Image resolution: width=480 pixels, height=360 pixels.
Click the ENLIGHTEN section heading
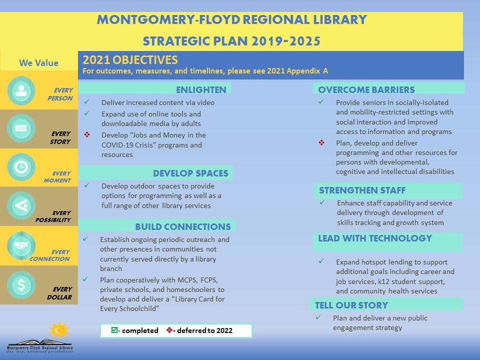pos(201,90)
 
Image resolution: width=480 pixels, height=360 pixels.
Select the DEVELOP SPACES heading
pos(190,173)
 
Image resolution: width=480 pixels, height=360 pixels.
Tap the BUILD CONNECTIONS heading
pos(182,227)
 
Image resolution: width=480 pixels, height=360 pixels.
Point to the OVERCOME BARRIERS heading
pos(366,90)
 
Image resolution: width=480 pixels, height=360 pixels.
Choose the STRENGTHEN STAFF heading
pos(362,190)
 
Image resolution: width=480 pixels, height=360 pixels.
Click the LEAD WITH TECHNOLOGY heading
pos(374,238)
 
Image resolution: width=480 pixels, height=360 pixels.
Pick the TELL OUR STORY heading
pos(351,305)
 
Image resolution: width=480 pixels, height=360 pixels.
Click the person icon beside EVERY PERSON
pos(21,90)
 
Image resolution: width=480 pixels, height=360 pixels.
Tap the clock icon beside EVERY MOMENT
pos(21,168)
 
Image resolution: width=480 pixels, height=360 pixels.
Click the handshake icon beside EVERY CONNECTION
pos(21,245)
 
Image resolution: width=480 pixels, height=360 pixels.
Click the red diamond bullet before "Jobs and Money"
pos(87,135)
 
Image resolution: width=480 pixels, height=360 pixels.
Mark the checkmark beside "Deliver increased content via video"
pos(87,102)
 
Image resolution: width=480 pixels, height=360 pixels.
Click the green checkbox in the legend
pos(114,330)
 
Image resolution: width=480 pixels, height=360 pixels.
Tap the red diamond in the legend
pos(169,330)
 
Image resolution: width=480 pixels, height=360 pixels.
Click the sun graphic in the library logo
pos(59,330)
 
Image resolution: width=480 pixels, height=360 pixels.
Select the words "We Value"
pos(38,63)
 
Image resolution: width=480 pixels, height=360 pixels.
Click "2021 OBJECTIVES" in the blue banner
pos(130,60)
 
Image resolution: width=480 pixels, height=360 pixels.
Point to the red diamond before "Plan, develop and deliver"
pos(321,143)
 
